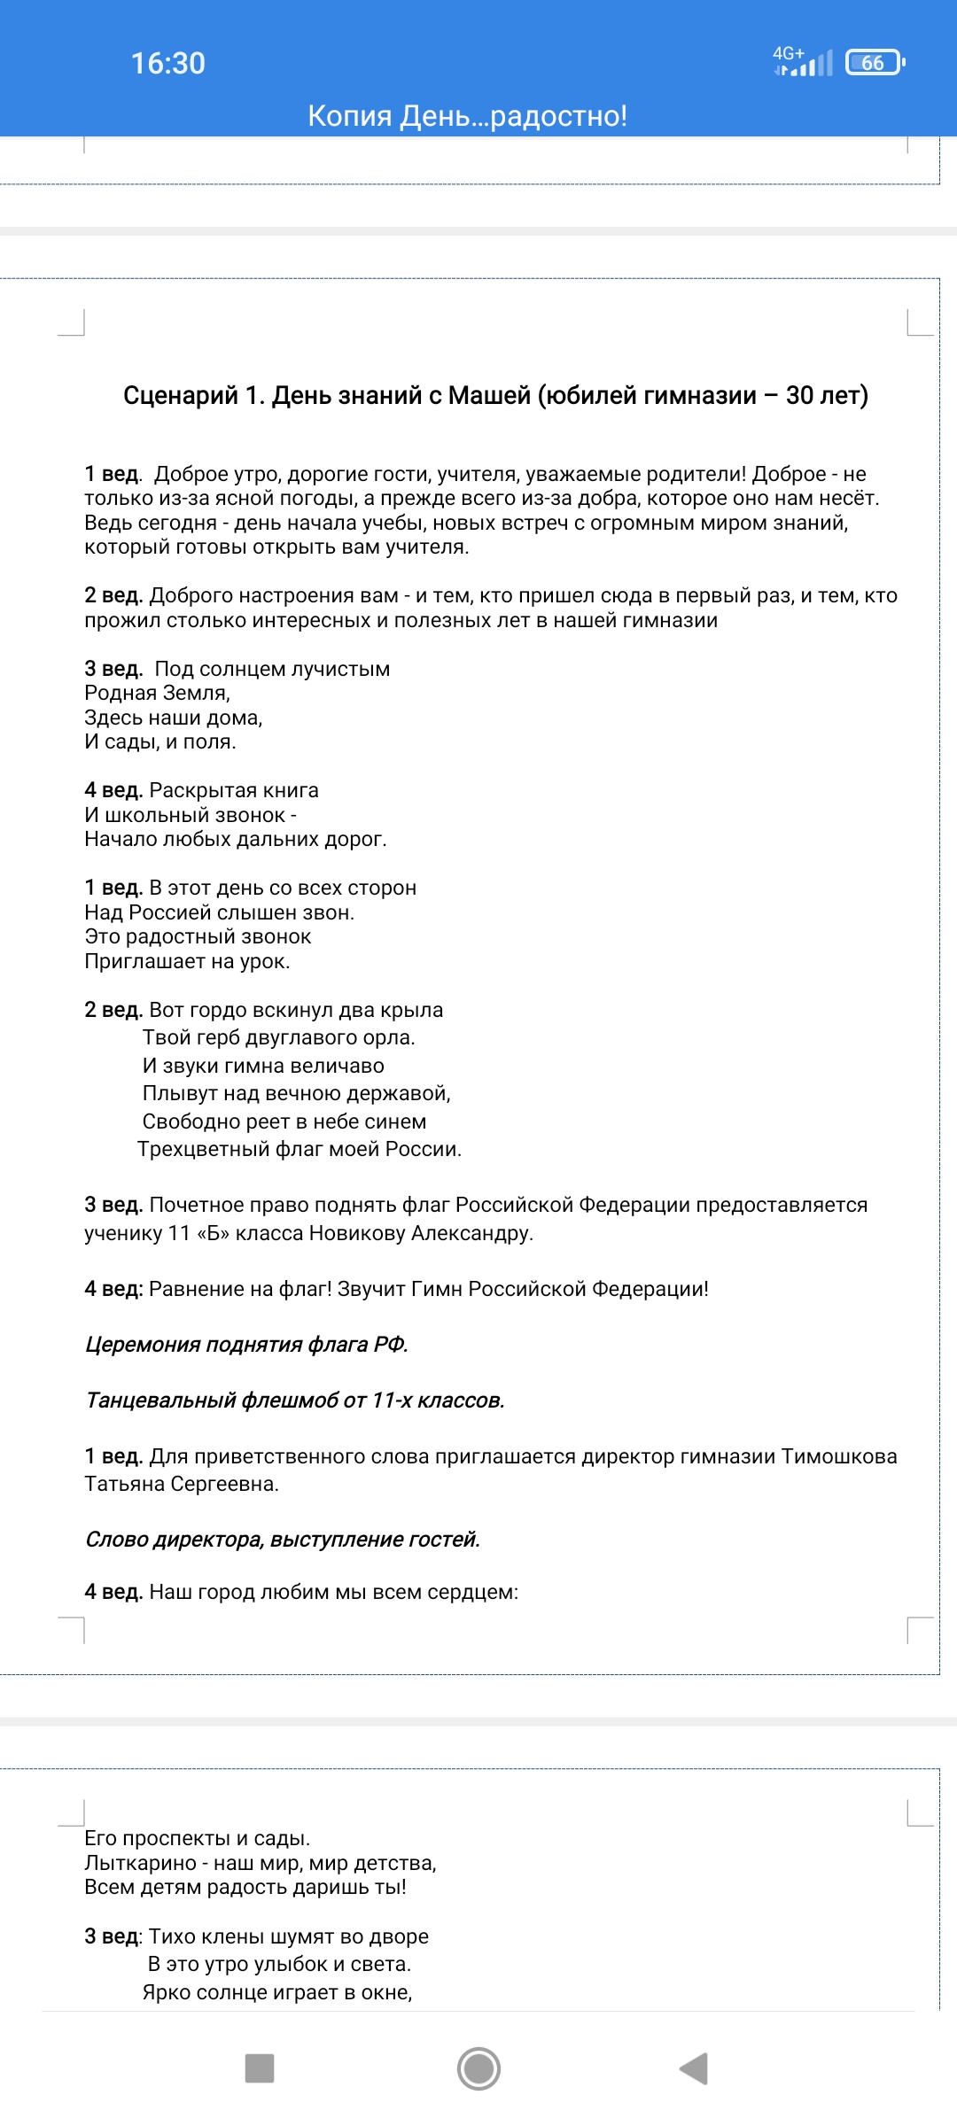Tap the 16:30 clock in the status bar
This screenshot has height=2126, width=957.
click(168, 63)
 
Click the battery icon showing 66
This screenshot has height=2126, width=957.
click(875, 63)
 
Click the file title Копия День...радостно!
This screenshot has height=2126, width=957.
click(467, 116)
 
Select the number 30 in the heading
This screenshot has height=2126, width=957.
click(799, 395)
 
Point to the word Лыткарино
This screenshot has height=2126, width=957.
click(140, 1863)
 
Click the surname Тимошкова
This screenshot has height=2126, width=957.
click(839, 1456)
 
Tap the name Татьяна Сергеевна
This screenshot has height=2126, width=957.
click(181, 1484)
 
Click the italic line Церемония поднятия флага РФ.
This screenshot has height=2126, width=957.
click(246, 1345)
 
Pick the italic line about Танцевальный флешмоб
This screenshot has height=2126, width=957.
click(295, 1401)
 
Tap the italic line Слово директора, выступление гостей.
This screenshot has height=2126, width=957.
click(283, 1540)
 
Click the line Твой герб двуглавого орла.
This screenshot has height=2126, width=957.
click(278, 1037)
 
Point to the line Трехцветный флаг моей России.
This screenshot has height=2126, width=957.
click(300, 1149)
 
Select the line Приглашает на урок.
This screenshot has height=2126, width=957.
click(187, 961)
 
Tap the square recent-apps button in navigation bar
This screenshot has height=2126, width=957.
click(260, 2068)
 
